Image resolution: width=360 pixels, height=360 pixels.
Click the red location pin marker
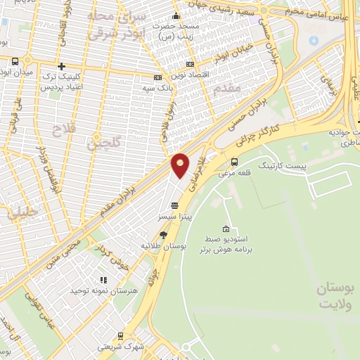pyautogui.click(x=181, y=165)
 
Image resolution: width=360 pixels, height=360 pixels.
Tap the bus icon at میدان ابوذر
pyautogui.click(x=15, y=62)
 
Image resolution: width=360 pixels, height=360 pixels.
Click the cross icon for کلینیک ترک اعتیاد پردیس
pyautogui.click(x=62, y=65)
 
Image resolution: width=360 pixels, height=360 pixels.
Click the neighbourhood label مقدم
pyautogui.click(x=231, y=88)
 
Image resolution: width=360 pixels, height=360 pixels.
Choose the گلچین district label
pyautogui.click(x=103, y=143)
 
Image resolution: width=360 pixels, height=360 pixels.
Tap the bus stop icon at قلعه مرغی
pyautogui.click(x=234, y=161)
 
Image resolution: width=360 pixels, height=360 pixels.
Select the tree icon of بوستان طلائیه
pyautogui.click(x=163, y=235)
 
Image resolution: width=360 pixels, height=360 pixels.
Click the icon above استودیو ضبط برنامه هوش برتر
pyautogui.click(x=225, y=229)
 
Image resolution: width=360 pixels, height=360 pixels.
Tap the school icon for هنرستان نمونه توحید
pyautogui.click(x=103, y=280)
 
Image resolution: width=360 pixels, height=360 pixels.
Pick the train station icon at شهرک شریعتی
pyautogui.click(x=120, y=336)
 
